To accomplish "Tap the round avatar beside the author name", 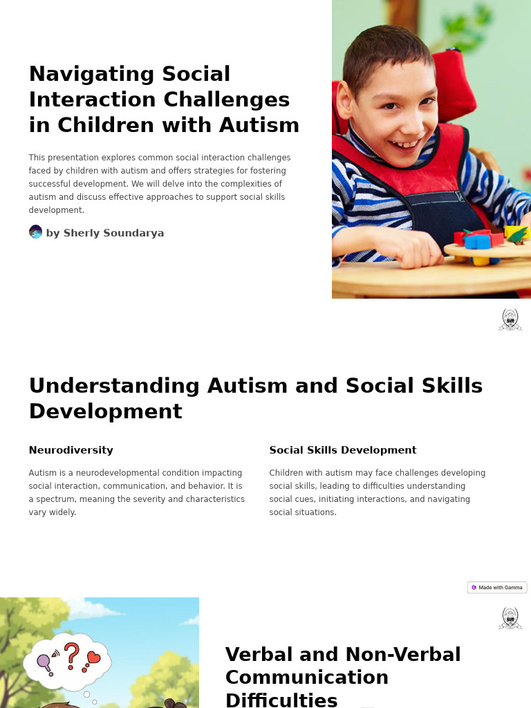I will (x=35, y=232).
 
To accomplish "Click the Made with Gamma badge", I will (x=497, y=588).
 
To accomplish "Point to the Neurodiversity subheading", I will (x=71, y=450).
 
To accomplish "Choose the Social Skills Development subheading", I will (x=342, y=450).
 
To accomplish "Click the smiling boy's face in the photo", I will (x=394, y=104).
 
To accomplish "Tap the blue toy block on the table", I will (x=477, y=241).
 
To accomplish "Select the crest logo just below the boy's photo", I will (x=510, y=319).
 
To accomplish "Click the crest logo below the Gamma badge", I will (x=510, y=618).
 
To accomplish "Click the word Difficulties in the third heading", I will (x=281, y=700).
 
